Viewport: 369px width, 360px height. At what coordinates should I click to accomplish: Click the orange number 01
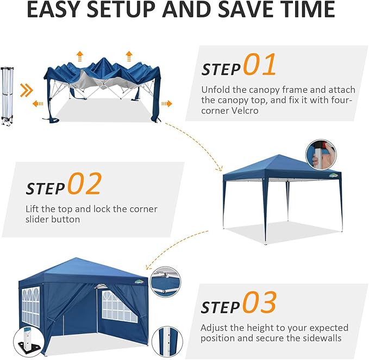(x=259, y=64)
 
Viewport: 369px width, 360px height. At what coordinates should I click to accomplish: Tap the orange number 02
(x=85, y=184)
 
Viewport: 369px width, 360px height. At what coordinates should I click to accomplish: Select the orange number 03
(x=259, y=302)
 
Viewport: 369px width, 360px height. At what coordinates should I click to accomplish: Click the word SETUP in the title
(x=122, y=9)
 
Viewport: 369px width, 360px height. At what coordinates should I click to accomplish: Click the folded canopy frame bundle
(x=7, y=97)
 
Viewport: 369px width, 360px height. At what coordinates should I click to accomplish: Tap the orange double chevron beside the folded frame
(x=26, y=90)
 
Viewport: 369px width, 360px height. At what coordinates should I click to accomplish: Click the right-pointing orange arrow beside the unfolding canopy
(x=167, y=104)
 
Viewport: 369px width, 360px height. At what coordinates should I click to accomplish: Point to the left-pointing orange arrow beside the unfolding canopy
(x=37, y=104)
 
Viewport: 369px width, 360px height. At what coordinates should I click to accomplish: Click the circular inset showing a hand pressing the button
(x=321, y=154)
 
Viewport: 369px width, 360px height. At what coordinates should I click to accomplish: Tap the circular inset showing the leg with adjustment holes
(x=167, y=341)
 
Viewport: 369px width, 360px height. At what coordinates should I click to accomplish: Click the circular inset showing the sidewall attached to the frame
(x=165, y=282)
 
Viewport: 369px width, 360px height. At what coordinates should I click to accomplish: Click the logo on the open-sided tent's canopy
(x=334, y=175)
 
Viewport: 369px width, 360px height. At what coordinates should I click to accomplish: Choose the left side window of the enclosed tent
(x=30, y=307)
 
